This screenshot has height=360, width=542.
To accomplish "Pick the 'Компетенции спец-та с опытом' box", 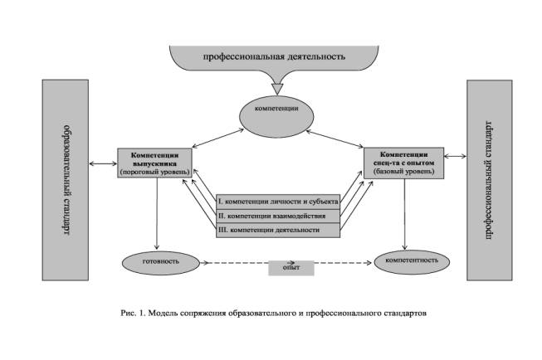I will (404, 162).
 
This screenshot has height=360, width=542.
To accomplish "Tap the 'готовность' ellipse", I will (155, 261).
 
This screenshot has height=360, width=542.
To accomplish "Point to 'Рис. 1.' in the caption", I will (131, 313).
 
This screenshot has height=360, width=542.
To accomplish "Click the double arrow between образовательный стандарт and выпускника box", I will (105, 162).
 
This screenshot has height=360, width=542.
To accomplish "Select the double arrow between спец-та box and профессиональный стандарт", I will (454, 155).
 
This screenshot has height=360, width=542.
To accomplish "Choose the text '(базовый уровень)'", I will (404, 172).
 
